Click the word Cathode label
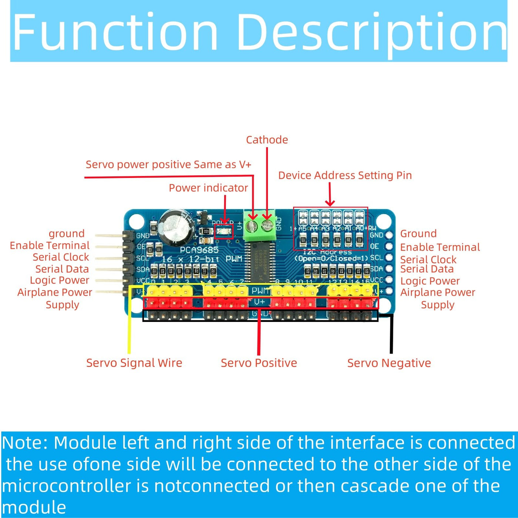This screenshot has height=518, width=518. (267, 140)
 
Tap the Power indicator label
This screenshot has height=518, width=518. (208, 188)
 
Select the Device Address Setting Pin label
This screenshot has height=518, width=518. (345, 175)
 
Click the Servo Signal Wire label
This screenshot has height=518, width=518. (134, 363)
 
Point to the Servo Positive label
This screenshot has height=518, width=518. (259, 363)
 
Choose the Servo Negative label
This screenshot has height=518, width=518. (389, 363)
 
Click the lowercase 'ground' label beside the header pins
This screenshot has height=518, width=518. (67, 233)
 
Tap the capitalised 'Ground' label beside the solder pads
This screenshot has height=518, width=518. (418, 233)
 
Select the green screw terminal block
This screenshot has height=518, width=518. (259, 225)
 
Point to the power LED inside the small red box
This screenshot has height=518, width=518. (224, 232)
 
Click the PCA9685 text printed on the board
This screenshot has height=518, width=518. (199, 250)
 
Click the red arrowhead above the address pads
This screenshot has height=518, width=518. (330, 202)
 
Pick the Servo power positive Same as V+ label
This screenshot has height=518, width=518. (168, 165)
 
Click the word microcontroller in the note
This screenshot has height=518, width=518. (67, 486)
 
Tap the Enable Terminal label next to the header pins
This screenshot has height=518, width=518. (50, 245)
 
